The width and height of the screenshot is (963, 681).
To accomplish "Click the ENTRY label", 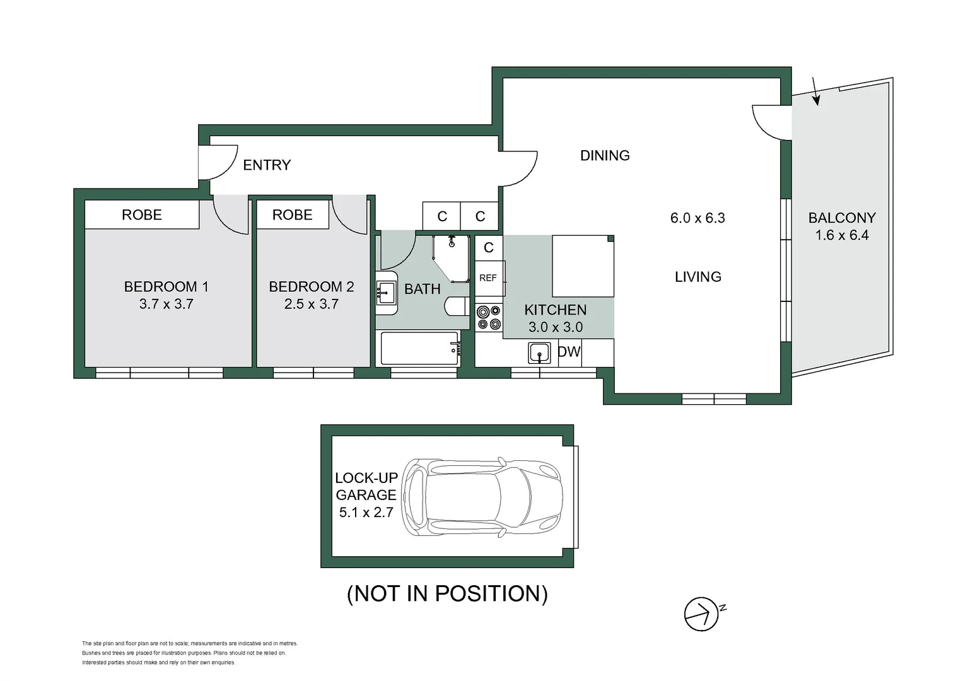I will point(267,165).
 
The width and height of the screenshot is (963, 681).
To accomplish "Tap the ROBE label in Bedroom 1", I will point(142,215).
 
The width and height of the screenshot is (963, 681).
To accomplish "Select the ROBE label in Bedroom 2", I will point(292,215).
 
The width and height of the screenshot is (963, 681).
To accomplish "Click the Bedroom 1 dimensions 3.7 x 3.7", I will point(166,304).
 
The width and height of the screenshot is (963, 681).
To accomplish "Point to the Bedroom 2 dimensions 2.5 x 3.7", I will point(311,304).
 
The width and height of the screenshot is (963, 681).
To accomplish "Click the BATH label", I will point(422,289).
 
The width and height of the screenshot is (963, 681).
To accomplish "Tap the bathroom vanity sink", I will point(385,293).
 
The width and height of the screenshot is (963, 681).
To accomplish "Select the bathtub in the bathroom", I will point(420,348).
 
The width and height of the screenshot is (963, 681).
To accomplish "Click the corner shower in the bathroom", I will point(452,257).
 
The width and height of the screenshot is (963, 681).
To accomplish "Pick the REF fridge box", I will point(488,278).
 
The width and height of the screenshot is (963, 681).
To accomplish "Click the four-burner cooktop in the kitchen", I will point(489,317).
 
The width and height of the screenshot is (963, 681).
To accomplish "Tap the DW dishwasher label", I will point(569,352).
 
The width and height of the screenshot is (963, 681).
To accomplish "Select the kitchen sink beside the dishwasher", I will point(539,353).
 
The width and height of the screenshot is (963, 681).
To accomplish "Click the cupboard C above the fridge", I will point(489,248).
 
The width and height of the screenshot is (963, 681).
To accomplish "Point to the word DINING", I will point(605,156).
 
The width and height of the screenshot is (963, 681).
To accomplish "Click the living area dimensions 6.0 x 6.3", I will point(697,218).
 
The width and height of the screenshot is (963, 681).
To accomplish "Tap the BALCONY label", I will point(842,218).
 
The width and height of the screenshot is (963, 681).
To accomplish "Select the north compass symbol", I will point(702,614).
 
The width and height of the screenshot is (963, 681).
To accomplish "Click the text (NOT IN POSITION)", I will point(447,593).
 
